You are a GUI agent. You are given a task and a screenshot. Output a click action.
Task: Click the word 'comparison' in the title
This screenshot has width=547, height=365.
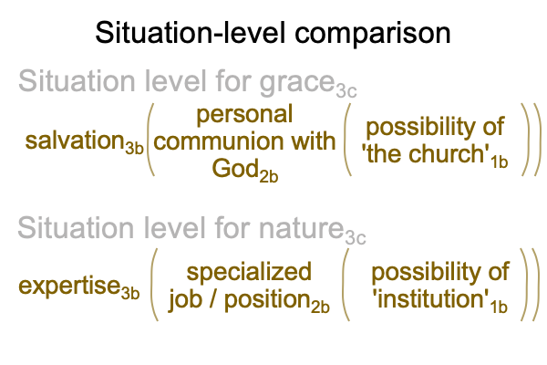pyautogui.click(x=373, y=34)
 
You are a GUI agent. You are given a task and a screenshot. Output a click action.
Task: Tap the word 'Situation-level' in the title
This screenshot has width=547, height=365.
pyautogui.click(x=191, y=33)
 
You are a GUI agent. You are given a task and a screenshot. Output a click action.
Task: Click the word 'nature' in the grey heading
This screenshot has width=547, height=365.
pyautogui.click(x=302, y=228)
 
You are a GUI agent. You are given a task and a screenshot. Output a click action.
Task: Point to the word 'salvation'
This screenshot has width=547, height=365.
pyautogui.click(x=75, y=141)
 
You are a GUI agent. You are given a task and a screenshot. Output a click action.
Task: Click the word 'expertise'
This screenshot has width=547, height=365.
pyautogui.click(x=69, y=287)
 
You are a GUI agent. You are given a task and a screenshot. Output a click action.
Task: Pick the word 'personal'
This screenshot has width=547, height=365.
pyautogui.click(x=244, y=115)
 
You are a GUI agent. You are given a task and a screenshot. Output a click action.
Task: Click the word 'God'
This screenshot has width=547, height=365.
pyautogui.click(x=235, y=168)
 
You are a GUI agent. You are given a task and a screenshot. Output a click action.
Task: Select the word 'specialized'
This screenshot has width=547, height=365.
pyautogui.click(x=249, y=273)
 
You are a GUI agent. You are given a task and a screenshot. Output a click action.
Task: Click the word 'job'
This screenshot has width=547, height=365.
pyautogui.click(x=185, y=300)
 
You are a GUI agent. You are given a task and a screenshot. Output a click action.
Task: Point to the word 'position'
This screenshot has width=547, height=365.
pyautogui.click(x=267, y=300)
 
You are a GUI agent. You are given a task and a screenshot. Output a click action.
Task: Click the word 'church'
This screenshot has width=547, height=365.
pyautogui.click(x=447, y=153)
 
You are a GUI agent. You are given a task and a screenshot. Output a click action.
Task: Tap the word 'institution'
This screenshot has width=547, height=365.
pyautogui.click(x=430, y=299)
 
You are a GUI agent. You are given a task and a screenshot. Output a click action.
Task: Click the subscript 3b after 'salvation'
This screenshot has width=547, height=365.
pyautogui.click(x=134, y=149)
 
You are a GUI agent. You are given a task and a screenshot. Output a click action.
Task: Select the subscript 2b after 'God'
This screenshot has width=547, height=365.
pyautogui.click(x=269, y=176)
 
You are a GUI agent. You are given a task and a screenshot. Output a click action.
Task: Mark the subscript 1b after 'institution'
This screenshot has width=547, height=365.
pyautogui.click(x=498, y=307)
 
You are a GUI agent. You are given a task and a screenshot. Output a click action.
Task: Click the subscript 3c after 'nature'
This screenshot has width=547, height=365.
pyautogui.click(x=356, y=238)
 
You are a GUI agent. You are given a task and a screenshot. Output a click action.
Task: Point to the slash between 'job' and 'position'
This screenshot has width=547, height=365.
pyautogui.click(x=213, y=299)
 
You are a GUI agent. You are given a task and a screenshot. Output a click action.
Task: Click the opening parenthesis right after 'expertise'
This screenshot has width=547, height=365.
pyautogui.click(x=153, y=285)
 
